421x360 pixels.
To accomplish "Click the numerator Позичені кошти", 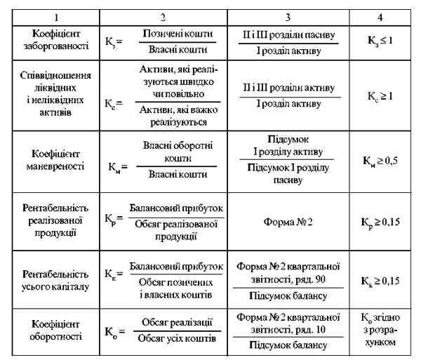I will click(175, 34).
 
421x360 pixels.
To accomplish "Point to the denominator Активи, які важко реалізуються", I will click(175, 115).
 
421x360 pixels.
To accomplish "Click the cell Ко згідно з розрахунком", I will click(379, 329).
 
